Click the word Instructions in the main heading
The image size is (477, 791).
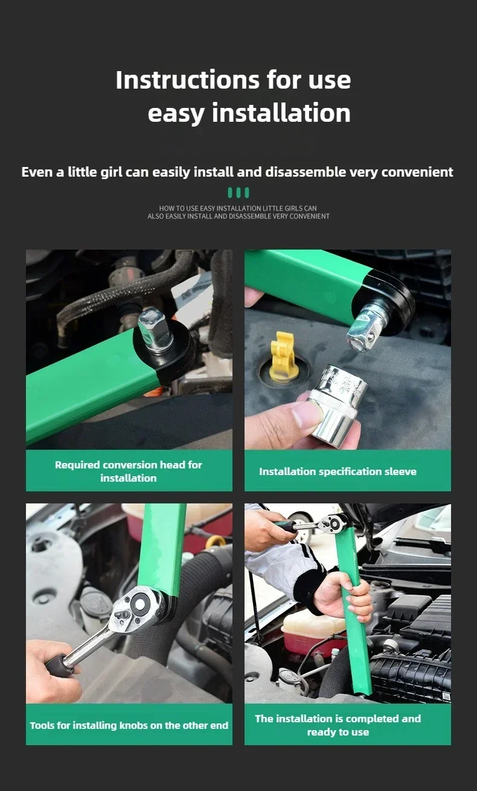(x=187, y=80)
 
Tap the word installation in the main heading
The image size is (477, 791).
(x=281, y=113)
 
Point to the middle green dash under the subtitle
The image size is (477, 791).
(x=238, y=193)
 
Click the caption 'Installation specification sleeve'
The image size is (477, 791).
(x=338, y=472)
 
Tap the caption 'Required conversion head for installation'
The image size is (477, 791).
(x=129, y=471)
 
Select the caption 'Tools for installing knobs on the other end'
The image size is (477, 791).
(x=129, y=725)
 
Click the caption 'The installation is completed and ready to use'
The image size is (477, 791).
(x=338, y=725)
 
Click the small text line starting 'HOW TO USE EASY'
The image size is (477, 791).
(x=238, y=209)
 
